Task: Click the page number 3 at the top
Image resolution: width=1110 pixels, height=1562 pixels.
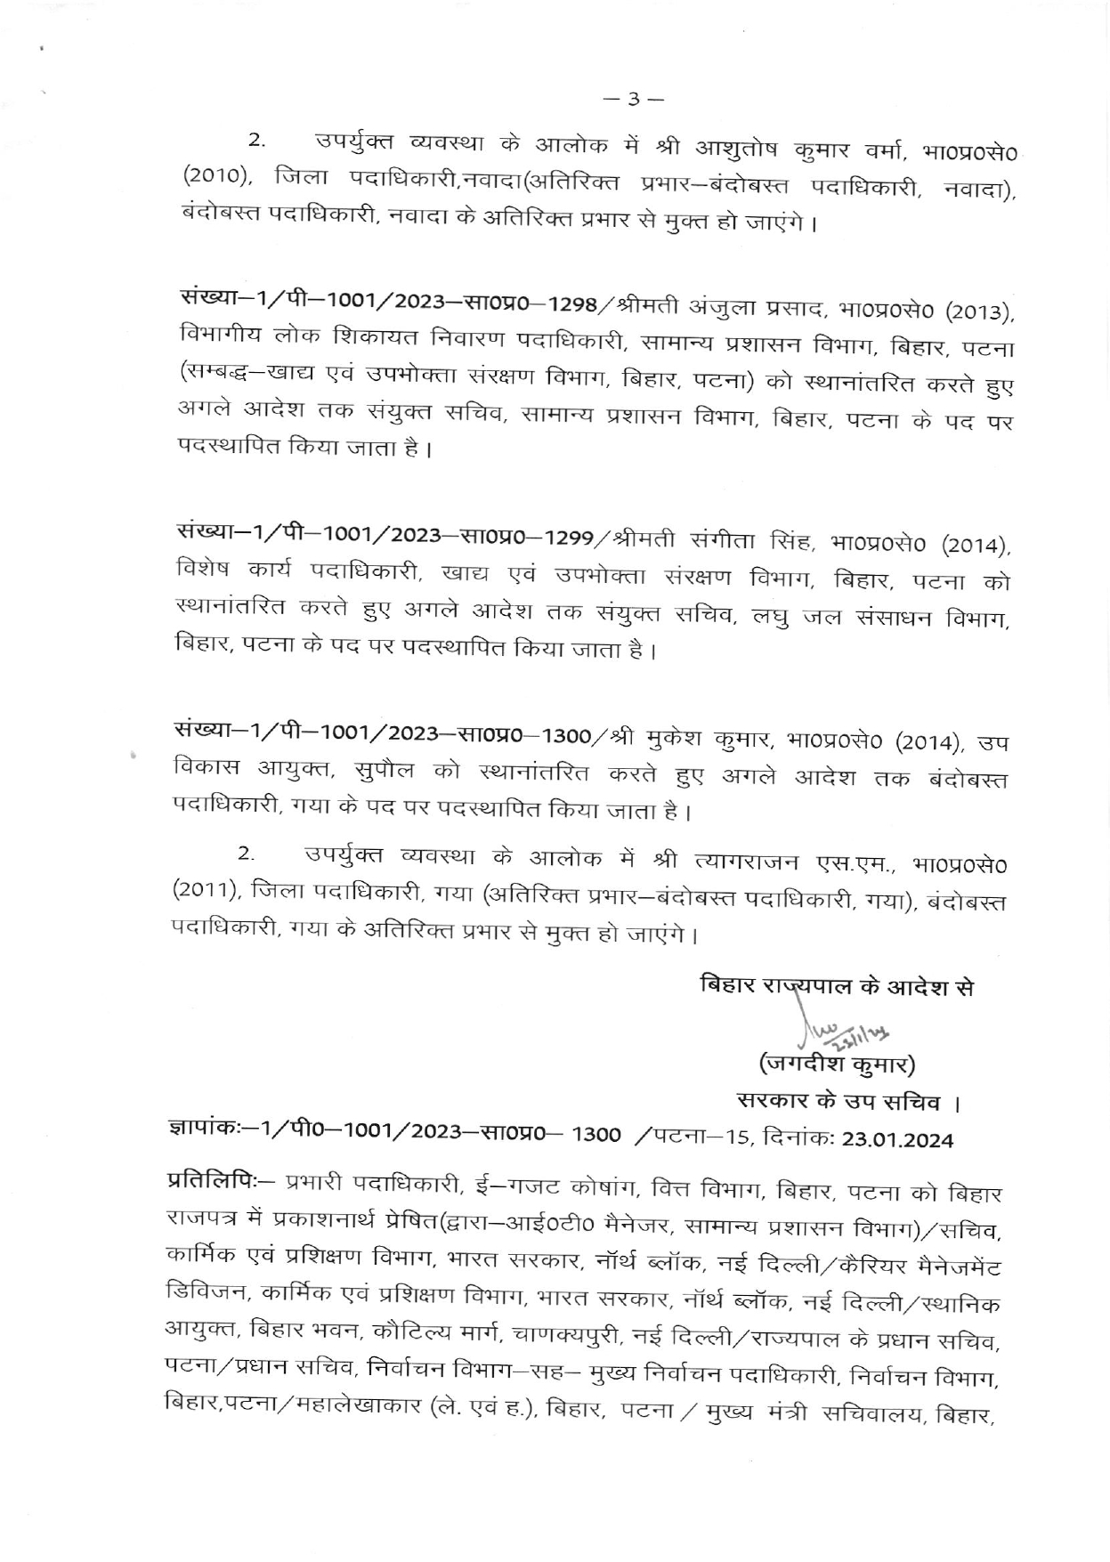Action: coord(635,99)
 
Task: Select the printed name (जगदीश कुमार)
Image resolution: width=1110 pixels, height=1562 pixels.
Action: coord(837,1063)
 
